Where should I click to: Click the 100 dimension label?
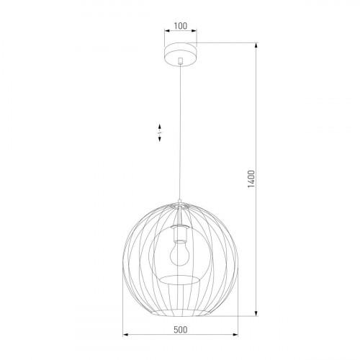coord(180,27)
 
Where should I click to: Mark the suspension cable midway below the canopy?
coord(180,130)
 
